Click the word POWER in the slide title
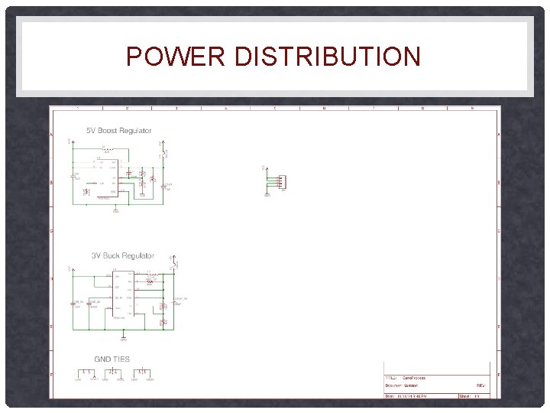point(176,57)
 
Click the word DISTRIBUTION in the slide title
point(328,57)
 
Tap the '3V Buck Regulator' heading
point(123,255)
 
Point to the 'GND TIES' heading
point(112,359)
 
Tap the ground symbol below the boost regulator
point(116,210)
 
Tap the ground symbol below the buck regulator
point(125,336)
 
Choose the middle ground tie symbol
point(115,373)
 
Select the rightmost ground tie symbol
point(143,373)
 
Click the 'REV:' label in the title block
point(481,386)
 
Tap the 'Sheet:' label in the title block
point(464,396)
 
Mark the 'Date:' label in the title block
point(390,396)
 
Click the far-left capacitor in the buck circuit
point(75,304)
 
